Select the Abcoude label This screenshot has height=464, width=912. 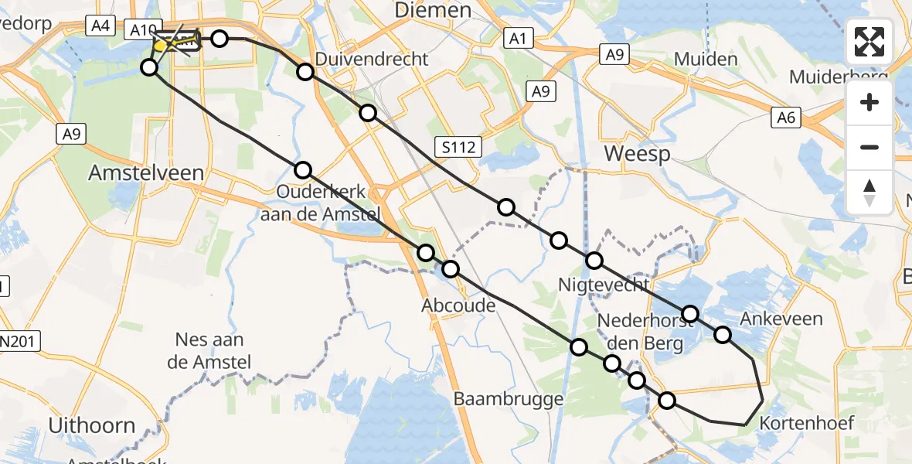(x=458, y=305)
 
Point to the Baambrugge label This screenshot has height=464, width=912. (x=509, y=399)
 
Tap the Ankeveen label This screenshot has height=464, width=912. (x=781, y=318)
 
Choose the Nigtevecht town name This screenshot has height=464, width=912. (x=604, y=285)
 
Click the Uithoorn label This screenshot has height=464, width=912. (x=92, y=425)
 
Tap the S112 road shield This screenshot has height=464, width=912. (x=458, y=145)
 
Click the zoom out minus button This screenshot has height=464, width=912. (x=869, y=147)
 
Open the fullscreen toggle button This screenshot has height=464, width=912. (x=869, y=42)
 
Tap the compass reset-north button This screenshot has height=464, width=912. (x=869, y=192)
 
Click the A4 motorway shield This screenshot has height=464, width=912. (x=99, y=26)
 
